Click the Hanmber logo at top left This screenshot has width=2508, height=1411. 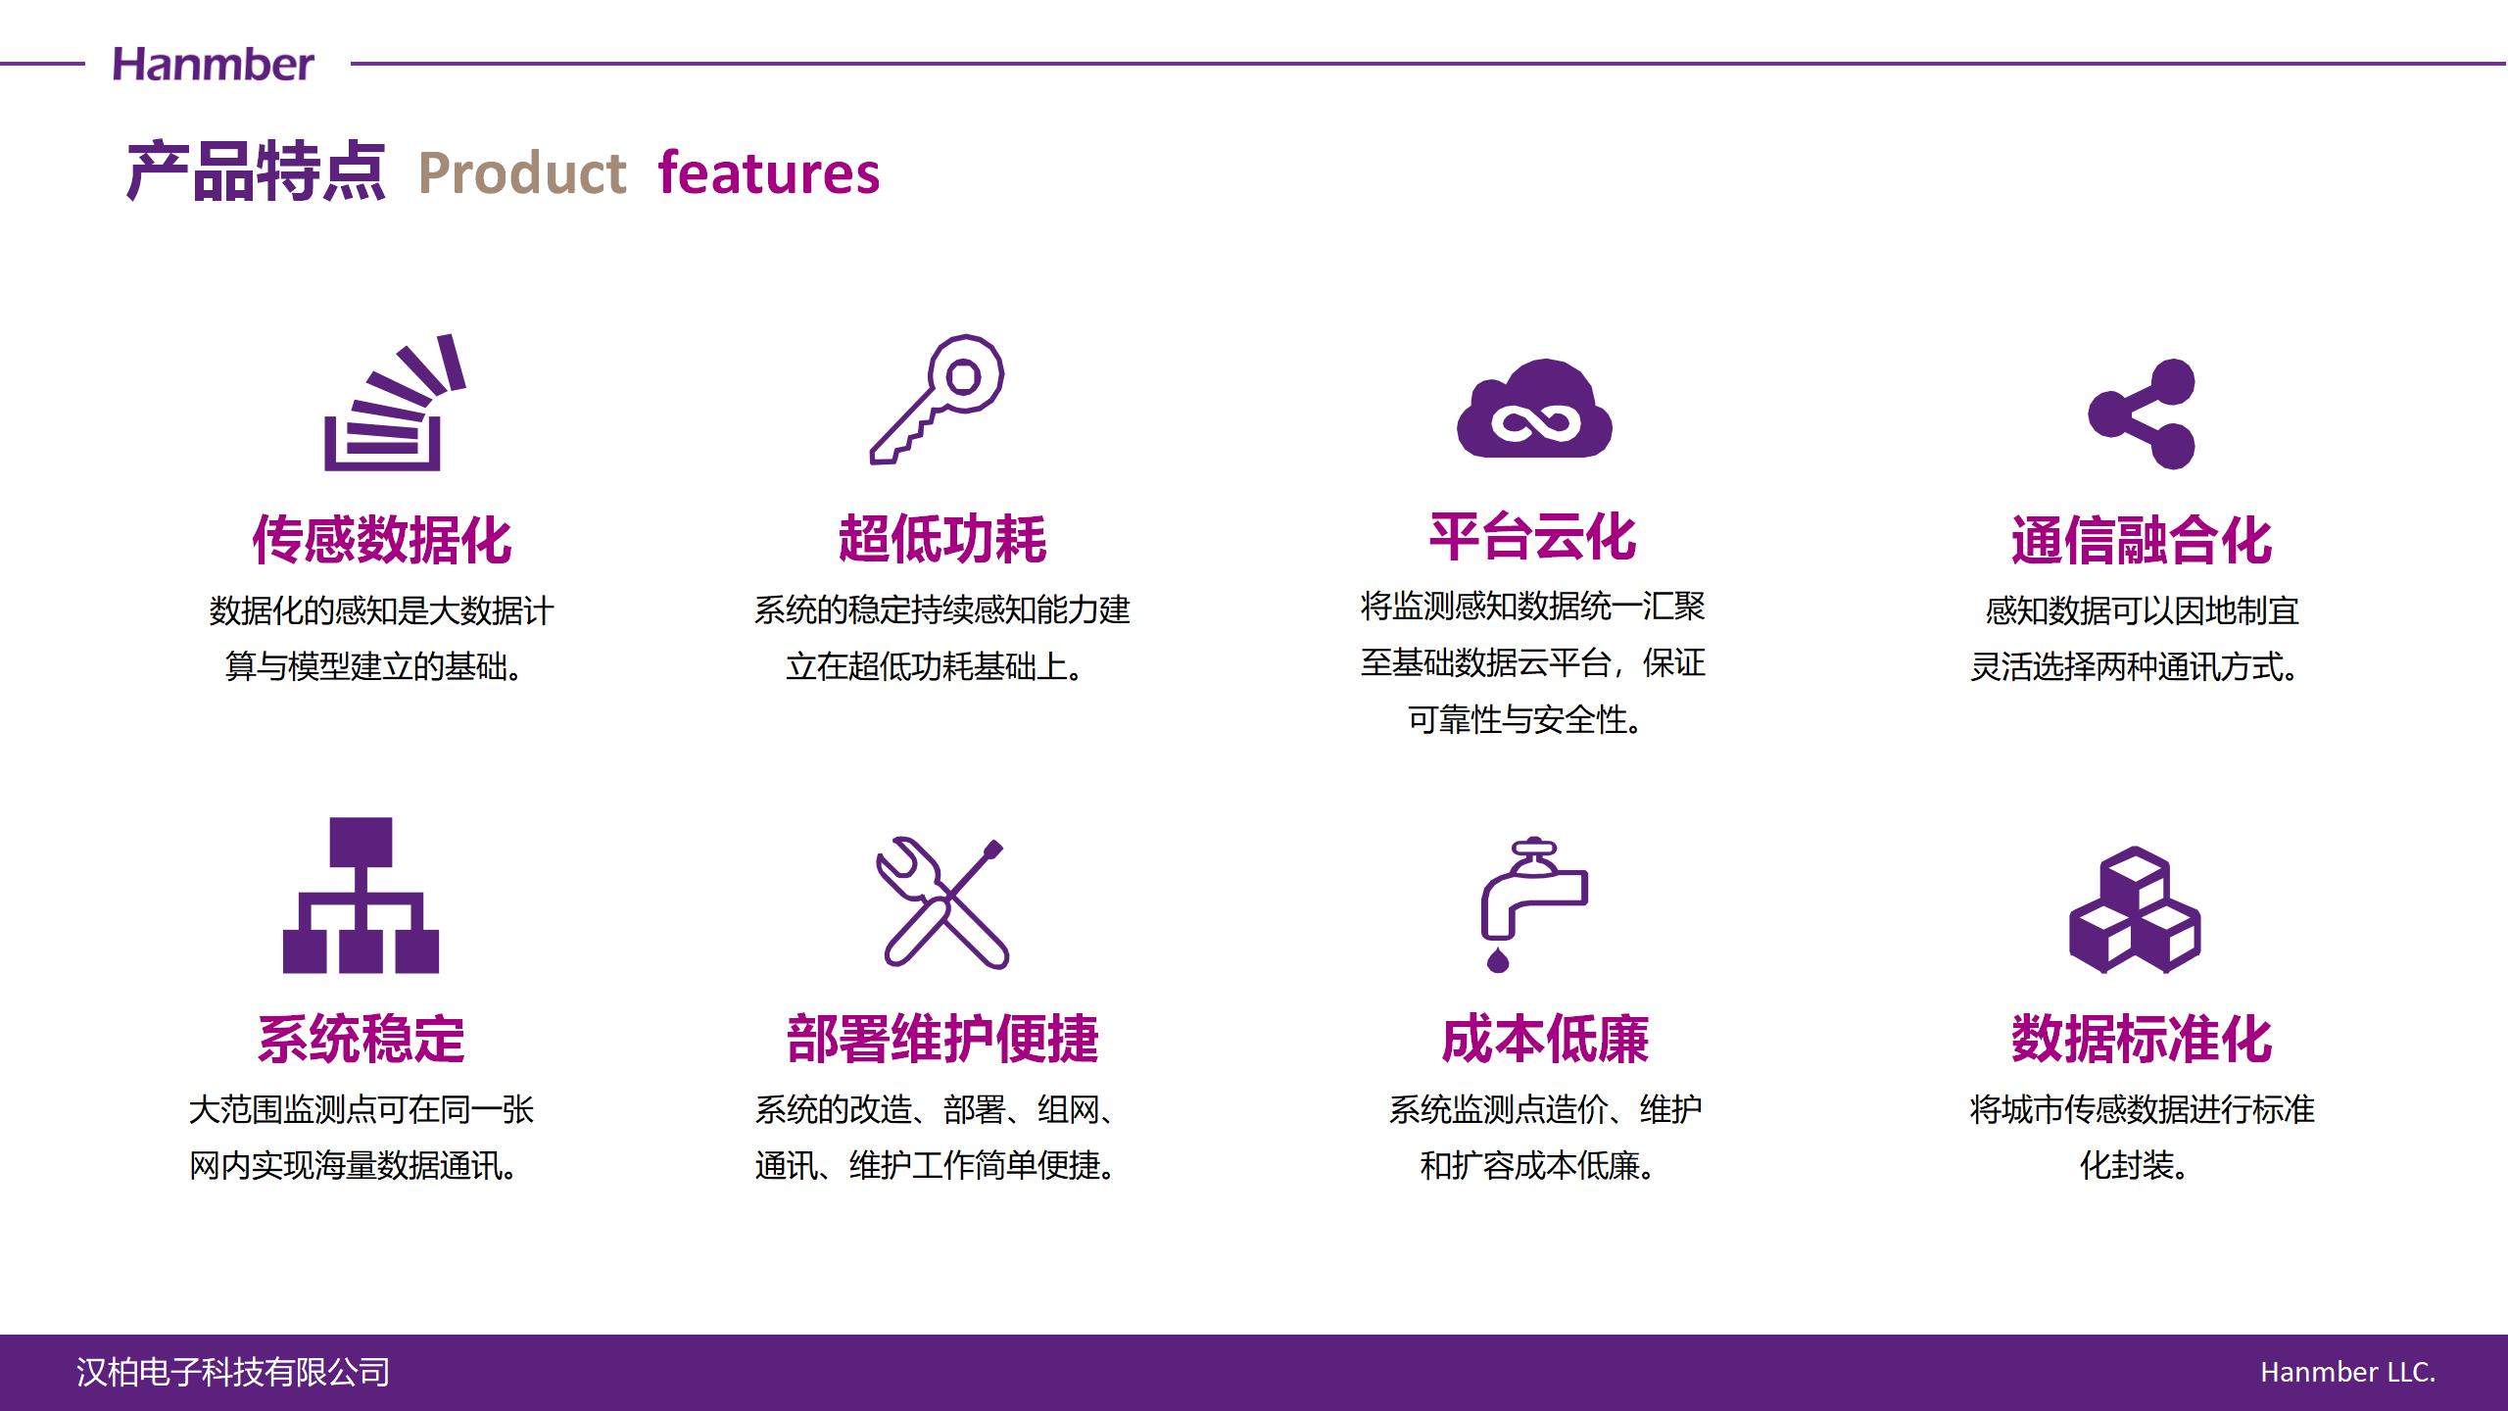[214, 65]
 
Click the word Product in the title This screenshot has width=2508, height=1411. [522, 173]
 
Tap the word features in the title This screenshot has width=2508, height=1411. [769, 173]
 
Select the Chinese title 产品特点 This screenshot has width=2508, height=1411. [256, 172]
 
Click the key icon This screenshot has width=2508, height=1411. [938, 399]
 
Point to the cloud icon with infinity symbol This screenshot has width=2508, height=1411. [1534, 409]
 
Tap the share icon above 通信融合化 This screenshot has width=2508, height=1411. [2142, 414]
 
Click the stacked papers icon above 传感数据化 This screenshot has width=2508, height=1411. [394, 403]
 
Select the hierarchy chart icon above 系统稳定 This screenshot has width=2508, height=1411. [361, 895]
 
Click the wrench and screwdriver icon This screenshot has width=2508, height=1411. [942, 903]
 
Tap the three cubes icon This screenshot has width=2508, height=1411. [2135, 909]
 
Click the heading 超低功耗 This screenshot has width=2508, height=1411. [942, 539]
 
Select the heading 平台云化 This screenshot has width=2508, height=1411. [1533, 537]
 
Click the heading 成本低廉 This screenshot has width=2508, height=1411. [1546, 1039]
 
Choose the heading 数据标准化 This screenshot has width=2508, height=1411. [2142, 1039]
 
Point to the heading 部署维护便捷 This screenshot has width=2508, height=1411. [942, 1039]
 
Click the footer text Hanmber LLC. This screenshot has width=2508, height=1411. [2348, 1372]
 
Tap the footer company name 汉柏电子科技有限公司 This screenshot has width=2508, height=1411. [233, 1372]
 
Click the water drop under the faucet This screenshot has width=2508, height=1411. [1498, 959]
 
